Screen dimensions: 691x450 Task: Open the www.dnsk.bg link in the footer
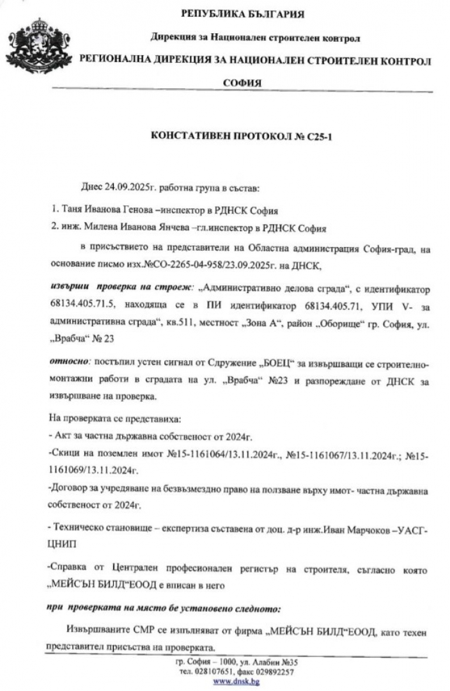click(x=236, y=681)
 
